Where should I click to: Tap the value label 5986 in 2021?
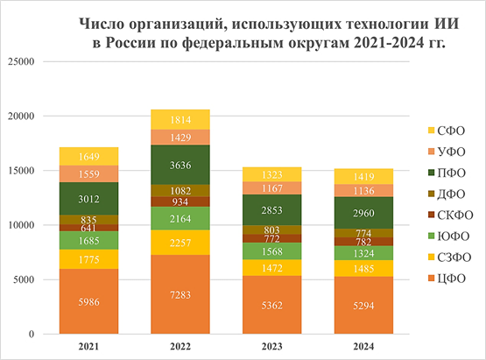89,300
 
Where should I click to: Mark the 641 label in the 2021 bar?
89,228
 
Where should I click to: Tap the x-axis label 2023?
271,347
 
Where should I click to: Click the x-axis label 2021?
89,347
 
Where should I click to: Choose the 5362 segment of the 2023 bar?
271,305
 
